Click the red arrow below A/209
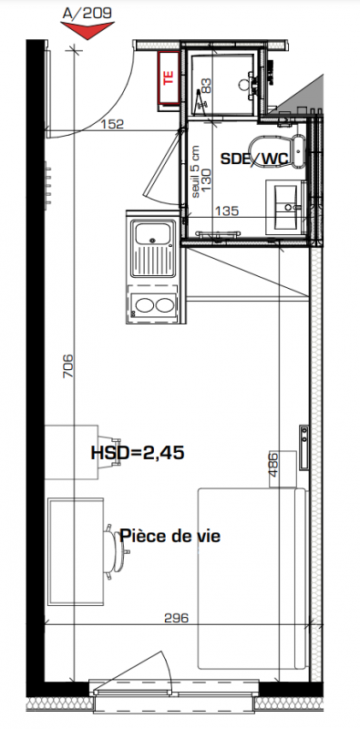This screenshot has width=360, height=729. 87,29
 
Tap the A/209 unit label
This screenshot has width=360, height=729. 87,13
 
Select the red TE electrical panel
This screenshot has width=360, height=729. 169,77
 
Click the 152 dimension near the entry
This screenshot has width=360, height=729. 112,124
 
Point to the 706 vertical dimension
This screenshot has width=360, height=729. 68,366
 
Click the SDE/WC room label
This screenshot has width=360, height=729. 254,159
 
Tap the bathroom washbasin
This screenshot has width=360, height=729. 285,207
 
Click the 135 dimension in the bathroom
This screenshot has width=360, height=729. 227,211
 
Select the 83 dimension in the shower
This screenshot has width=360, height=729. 206,85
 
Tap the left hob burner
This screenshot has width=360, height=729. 143,305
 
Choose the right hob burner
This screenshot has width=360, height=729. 164,305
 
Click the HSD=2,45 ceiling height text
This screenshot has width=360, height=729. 138,452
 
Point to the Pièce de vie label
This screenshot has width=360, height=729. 170,536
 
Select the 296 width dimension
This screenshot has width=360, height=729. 177,618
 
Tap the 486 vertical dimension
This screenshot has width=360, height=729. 273,465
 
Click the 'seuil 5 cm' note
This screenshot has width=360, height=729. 196,172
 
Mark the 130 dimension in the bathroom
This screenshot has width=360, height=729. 206,180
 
